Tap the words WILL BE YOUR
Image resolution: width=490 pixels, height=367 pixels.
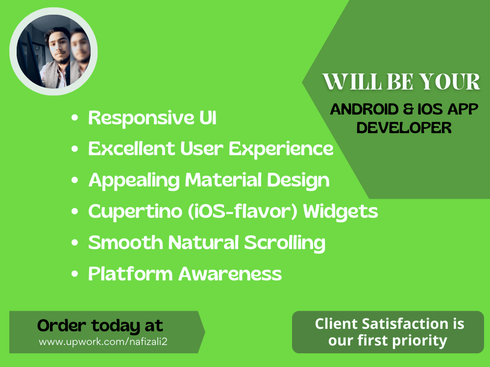click(x=401, y=82)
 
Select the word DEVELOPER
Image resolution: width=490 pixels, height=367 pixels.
click(x=404, y=127)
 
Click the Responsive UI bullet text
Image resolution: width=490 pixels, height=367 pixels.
click(x=152, y=118)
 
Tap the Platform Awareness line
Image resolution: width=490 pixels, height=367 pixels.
click(x=185, y=274)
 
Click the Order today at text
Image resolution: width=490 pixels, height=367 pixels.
click(x=100, y=325)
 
